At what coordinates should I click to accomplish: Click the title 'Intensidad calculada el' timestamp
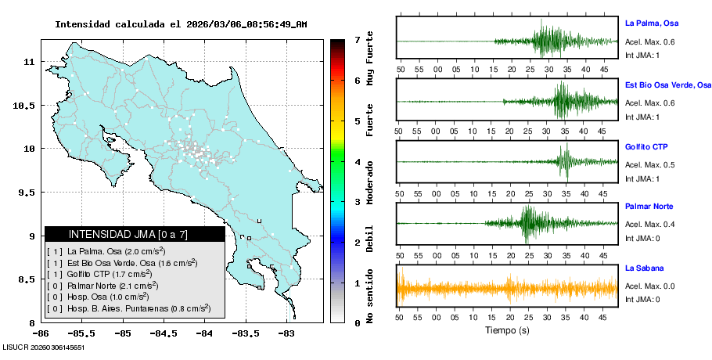point(180,24)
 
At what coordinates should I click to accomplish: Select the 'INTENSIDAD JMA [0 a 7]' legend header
point(135,234)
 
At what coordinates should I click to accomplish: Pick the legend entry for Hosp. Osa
point(108,297)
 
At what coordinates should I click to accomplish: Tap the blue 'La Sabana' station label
point(644,268)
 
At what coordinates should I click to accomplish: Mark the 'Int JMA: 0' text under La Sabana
point(643,299)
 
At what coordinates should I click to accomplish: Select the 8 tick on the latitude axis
point(31,322)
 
